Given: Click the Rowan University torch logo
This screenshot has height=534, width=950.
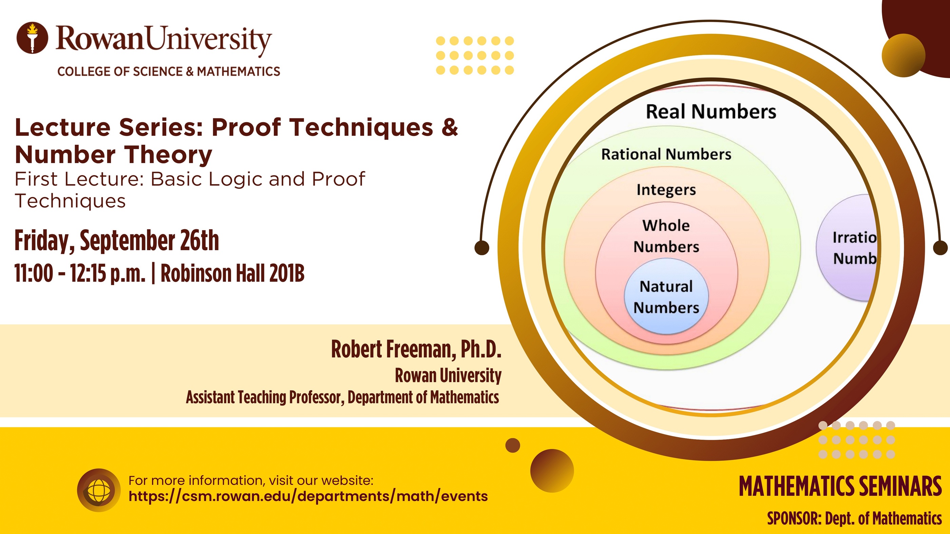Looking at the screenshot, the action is pos(32,38).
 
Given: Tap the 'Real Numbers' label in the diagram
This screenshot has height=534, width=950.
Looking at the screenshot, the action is pos(711,111).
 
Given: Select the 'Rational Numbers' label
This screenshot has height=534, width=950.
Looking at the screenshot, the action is pos(666,154).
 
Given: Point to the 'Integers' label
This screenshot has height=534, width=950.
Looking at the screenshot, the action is pos(666,190).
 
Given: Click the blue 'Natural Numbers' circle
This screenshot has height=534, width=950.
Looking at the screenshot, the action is pos(666,296).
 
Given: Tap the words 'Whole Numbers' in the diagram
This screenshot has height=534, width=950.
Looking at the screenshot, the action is pos(666,236).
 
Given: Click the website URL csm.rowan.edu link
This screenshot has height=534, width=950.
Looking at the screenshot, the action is pos(308,496).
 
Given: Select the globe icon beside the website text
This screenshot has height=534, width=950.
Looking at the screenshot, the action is pos(98,490).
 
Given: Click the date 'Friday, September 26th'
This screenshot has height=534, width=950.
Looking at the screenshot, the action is pos(116,241).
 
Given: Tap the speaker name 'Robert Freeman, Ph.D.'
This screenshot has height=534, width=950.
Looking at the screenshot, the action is pos(416,349).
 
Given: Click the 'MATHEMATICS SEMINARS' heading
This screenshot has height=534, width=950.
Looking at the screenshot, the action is pos(840,486).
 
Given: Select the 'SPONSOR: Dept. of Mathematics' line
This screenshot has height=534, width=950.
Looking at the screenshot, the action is pos(854,518).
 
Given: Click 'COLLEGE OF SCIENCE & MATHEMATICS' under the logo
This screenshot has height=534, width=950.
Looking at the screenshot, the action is pos(169,72).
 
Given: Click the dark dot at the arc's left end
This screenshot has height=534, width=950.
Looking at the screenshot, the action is pos(482,247).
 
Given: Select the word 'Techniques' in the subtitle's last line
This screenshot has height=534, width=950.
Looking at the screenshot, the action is pos(70,201).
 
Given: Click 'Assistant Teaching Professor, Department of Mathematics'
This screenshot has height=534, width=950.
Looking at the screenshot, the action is pos(342,397).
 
